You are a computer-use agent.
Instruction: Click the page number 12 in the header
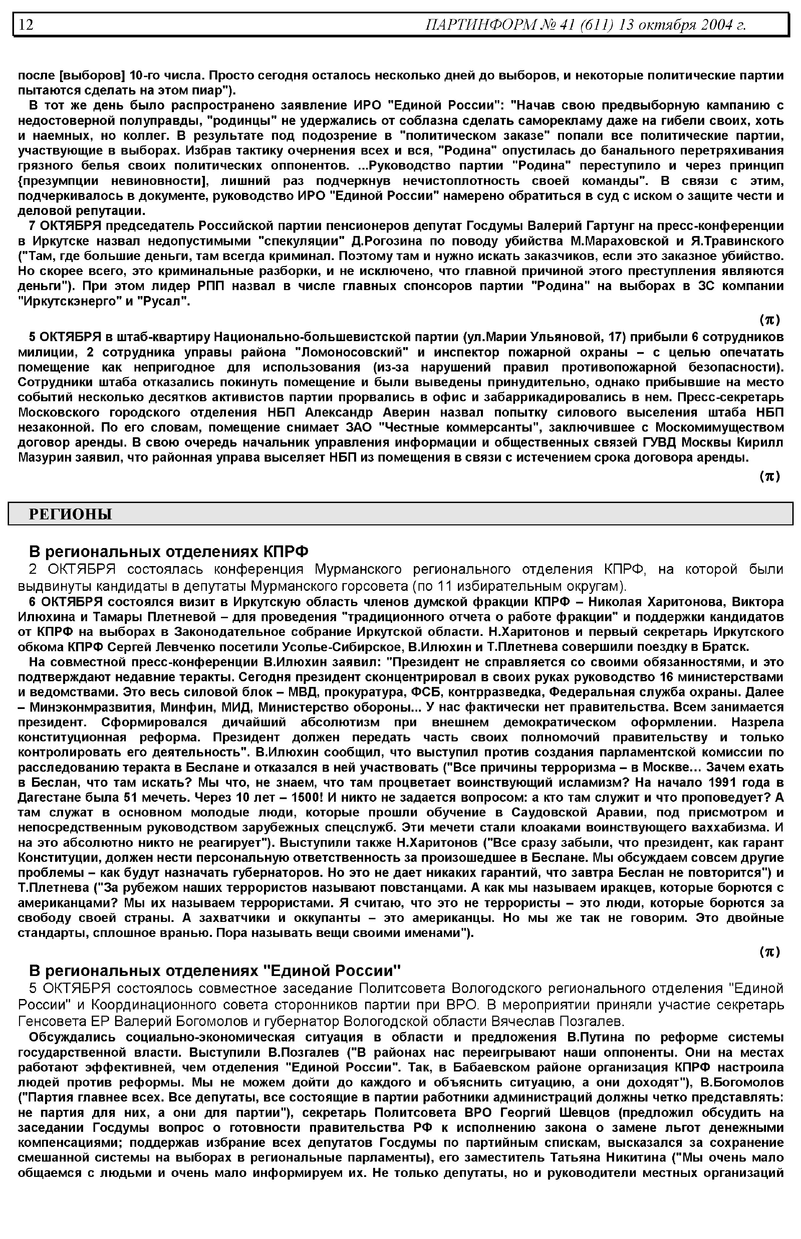(26, 24)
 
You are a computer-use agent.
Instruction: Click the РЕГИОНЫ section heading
(70, 514)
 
